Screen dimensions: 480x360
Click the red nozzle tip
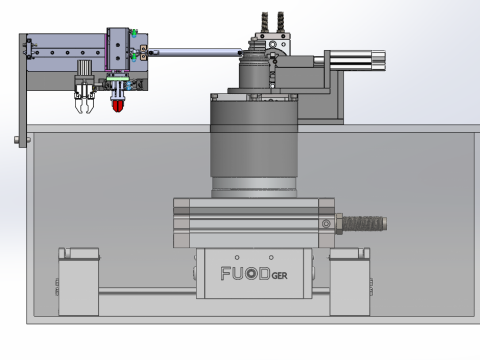pyautogui.click(x=118, y=106)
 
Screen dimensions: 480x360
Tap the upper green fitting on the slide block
pyautogui.click(x=134, y=33)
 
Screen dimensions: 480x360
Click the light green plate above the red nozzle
pyautogui.click(x=118, y=79)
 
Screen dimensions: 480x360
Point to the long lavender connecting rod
pyautogui.click(x=196, y=52)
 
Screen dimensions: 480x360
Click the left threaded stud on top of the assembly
pyautogui.click(x=265, y=22)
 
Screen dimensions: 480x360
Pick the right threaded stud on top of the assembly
pyautogui.click(x=280, y=22)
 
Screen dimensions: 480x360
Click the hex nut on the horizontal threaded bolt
pyautogui.click(x=339, y=224)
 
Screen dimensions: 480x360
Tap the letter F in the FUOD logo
pyautogui.click(x=225, y=273)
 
